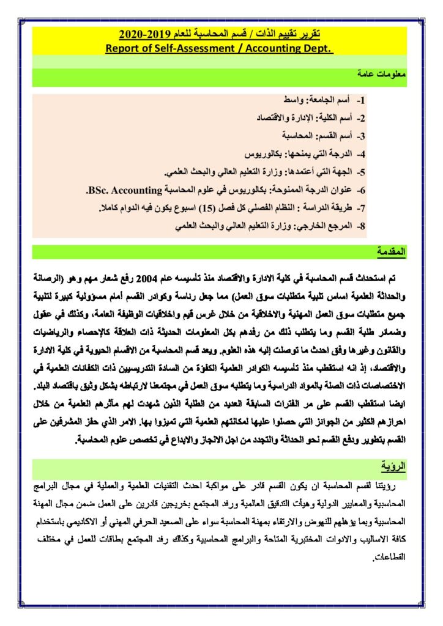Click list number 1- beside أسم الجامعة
[x=360, y=99]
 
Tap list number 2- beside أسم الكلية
[x=360, y=117]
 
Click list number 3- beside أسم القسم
[x=360, y=135]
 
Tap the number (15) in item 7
[x=210, y=208]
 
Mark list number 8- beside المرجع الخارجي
[x=360, y=227]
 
